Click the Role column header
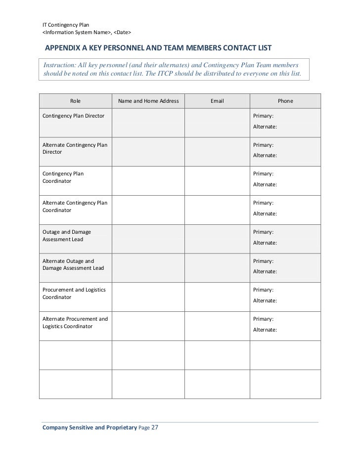[75, 101]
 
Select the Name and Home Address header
[148, 101]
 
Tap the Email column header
[217, 101]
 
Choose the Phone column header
[285, 101]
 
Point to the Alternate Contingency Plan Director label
[75, 148]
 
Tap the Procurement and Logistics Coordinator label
[74, 293]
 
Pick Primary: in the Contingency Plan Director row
[264, 116]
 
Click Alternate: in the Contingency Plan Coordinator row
[265, 184]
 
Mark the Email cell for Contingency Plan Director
[217, 123]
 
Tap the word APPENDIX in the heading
[63, 48]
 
